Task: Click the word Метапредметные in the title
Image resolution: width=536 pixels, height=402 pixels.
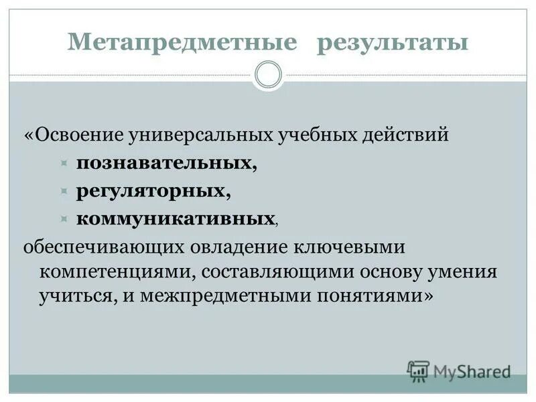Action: coord(182,43)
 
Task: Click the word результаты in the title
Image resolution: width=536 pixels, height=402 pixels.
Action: coord(392,43)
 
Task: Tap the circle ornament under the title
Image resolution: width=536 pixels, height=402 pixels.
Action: coord(269,75)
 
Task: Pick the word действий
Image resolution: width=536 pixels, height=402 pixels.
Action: coord(405,135)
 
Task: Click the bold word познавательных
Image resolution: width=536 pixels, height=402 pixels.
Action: coord(166,163)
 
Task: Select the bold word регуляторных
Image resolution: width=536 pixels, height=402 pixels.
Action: coord(153,190)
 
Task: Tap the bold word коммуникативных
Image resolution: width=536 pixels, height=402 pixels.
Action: coord(176,218)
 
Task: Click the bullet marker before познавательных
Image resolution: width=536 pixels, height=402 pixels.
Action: coord(64,163)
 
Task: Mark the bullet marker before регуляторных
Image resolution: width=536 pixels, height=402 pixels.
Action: coord(64,191)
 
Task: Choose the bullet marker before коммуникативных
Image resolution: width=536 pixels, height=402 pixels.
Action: coord(64,219)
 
